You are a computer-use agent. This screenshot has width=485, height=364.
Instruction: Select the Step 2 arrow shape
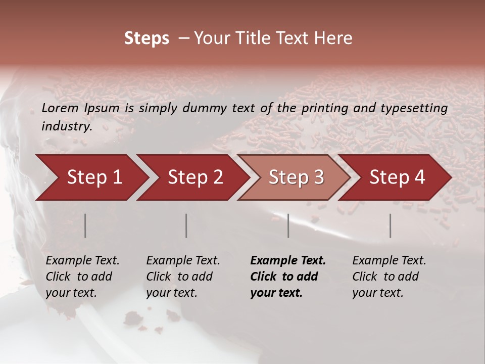point(192,177)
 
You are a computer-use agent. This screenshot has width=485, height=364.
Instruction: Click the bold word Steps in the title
point(147,38)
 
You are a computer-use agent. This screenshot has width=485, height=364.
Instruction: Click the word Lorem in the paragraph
point(60,108)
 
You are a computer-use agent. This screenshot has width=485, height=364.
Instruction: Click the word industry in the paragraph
point(66,126)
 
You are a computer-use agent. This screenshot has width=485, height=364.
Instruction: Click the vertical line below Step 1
point(85,225)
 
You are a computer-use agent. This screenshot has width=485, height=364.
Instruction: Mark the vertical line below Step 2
point(186,225)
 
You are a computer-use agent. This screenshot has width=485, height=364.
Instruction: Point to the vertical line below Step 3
point(288,225)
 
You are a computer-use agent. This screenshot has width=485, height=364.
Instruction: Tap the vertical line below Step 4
point(390,225)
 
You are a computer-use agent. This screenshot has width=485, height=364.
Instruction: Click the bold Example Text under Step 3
point(288,261)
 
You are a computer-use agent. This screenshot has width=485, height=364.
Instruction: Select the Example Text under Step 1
point(82,261)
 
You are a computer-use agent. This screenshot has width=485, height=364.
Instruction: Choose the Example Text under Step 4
point(389,261)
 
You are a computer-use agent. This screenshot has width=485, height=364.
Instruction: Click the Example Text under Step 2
point(183,261)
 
